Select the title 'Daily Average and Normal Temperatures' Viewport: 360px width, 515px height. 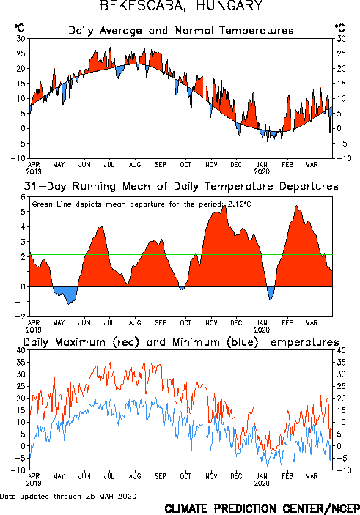click(x=181, y=31)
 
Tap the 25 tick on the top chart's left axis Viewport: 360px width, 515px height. click(x=21, y=53)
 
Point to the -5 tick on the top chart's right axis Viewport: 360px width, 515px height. click(x=341, y=144)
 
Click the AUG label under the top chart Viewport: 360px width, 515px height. click(x=135, y=164)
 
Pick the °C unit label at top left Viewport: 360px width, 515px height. click(x=19, y=27)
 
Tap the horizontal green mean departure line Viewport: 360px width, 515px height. click(x=181, y=254)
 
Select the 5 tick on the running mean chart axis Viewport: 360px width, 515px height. click(x=23, y=212)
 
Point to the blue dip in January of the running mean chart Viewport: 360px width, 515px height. click(x=271, y=292)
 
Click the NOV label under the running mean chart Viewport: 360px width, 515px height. click(x=211, y=322)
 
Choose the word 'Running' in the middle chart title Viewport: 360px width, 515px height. click(x=94, y=186)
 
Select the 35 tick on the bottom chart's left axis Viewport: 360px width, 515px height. click(x=21, y=363)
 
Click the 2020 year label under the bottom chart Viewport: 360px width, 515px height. click(x=262, y=483)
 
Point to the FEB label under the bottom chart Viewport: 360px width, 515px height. click(x=287, y=476)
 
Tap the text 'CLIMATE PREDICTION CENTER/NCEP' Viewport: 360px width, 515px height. click(x=262, y=508)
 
